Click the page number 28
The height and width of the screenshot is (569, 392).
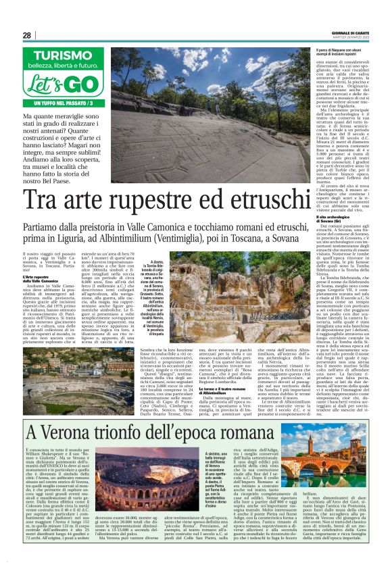tap(26, 35)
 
